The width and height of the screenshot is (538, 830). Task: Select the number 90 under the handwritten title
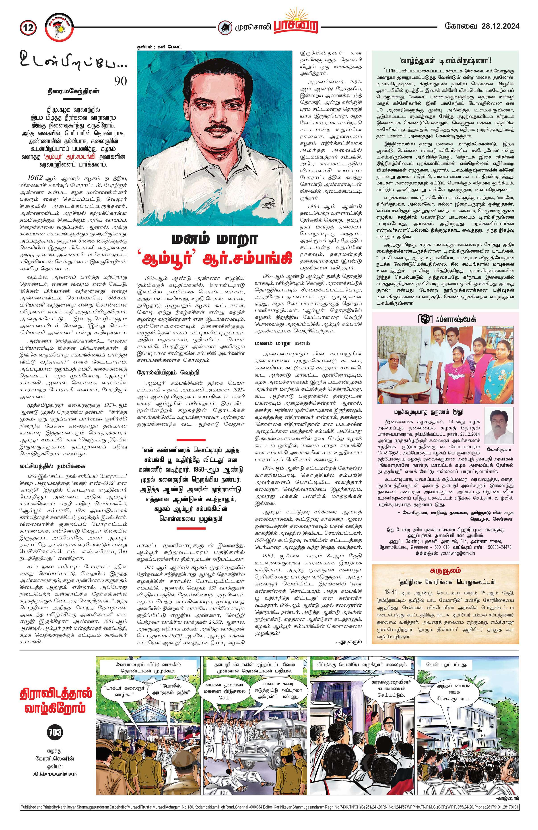(121, 81)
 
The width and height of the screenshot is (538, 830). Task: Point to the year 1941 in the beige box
(397, 592)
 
